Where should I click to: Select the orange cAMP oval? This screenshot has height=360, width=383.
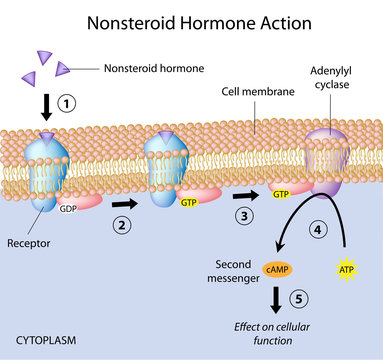(x=274, y=268)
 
